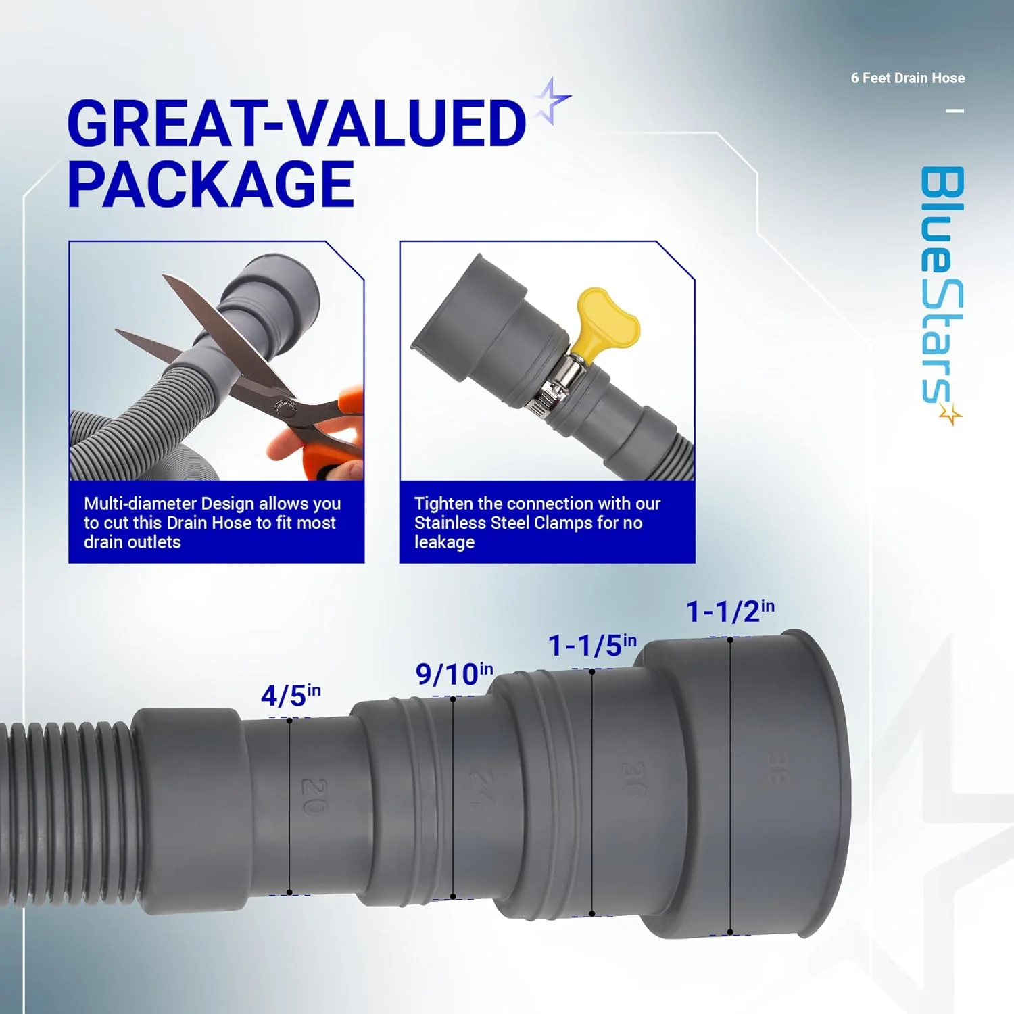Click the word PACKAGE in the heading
[210, 184]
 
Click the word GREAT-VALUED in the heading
[296, 123]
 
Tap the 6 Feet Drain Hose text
[907, 78]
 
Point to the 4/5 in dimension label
[291, 695]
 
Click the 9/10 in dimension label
[454, 673]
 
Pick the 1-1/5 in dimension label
[591, 646]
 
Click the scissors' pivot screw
[285, 408]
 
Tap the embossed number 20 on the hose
[314, 796]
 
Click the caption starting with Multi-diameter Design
[212, 523]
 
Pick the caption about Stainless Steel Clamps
[537, 523]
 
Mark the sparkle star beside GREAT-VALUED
[552, 101]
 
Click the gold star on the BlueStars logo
[950, 414]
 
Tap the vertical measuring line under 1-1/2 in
[730, 784]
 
